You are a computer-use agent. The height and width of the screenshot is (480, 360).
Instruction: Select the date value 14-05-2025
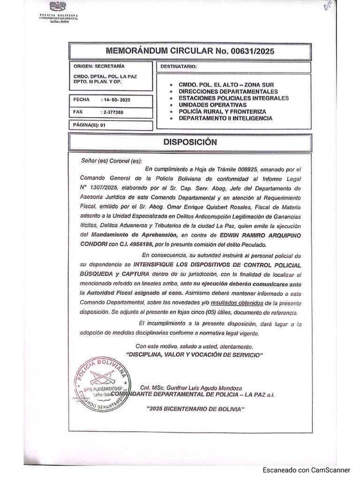[116, 100]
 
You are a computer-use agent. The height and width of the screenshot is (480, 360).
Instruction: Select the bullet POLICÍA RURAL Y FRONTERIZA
[222, 112]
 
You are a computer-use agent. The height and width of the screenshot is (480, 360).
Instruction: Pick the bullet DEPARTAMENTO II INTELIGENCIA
[225, 119]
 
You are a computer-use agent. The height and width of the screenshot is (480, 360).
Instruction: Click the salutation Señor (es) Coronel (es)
[111, 161]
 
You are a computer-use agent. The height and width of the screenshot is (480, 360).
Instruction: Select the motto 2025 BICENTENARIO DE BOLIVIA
[196, 409]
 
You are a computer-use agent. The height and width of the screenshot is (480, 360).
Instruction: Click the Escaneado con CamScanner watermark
[306, 470]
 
